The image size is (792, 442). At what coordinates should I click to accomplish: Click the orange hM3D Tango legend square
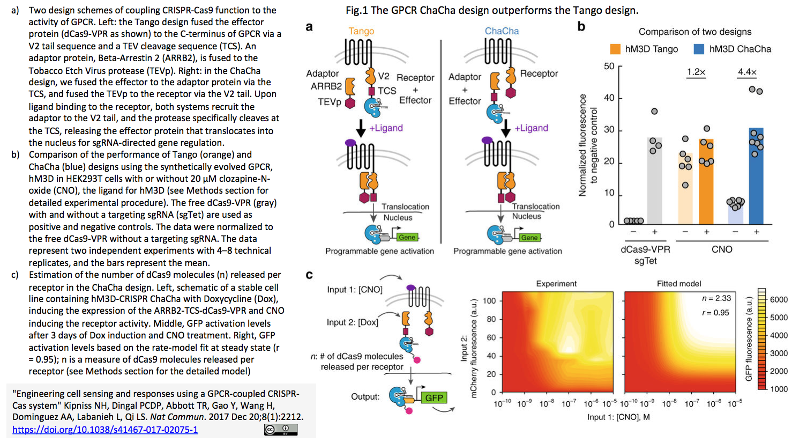pos(615,49)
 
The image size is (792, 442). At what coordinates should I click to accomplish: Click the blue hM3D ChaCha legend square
pos(699,49)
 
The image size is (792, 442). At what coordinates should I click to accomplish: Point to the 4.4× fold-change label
pos(747,72)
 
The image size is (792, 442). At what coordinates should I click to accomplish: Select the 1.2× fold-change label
pos(696,72)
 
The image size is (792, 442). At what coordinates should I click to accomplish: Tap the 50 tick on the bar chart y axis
pos(609,67)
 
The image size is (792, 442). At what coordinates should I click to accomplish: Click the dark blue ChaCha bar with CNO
pos(756,177)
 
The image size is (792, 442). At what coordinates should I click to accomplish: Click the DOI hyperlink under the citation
pos(105,430)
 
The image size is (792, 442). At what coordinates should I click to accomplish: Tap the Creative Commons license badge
pos(280,430)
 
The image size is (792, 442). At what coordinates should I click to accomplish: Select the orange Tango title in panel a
pos(361,31)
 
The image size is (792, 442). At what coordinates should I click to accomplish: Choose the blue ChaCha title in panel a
pos(502,31)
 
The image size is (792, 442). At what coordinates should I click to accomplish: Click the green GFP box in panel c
pos(434,397)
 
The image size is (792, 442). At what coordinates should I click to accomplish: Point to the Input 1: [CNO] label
pos(355,290)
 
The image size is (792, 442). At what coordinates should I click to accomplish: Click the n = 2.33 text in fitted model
pos(716,298)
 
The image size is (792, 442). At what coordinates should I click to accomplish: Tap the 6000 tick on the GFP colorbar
pos(779,299)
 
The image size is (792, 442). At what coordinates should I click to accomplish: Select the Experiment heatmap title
pos(556,284)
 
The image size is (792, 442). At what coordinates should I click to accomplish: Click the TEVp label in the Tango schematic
pos(329,102)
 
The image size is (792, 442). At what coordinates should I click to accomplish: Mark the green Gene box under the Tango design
pos(407,237)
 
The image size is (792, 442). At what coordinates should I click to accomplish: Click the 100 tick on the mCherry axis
pos(489,301)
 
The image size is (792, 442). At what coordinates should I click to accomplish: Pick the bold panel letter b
pos(581,27)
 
